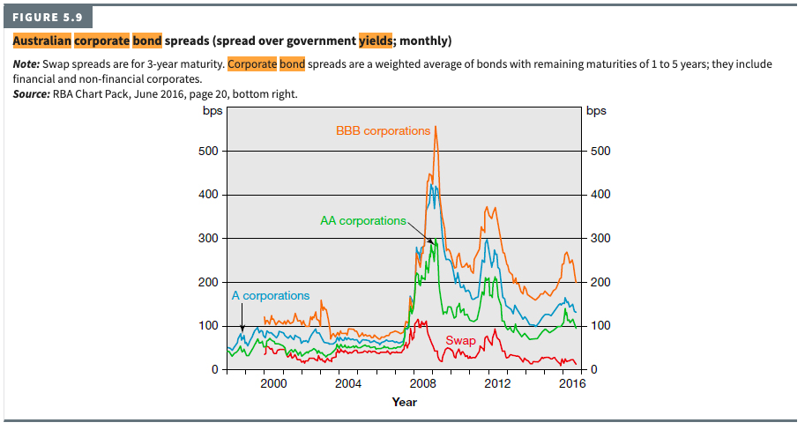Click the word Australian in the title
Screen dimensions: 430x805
(41, 41)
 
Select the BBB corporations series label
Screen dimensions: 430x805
(383, 130)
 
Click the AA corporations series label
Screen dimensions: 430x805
(362, 220)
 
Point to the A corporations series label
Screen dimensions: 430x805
(271, 295)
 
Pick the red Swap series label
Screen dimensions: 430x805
(460, 340)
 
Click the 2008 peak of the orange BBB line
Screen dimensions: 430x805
(436, 127)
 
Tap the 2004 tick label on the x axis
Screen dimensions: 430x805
(348, 384)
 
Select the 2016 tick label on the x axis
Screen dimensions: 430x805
(572, 384)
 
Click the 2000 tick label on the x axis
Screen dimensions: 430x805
(273, 384)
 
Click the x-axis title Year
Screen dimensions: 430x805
(405, 402)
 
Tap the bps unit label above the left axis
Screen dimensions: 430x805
(212, 111)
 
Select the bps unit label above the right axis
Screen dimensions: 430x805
(596, 111)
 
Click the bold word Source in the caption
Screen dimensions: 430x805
(34, 93)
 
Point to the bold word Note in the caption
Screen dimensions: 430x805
(28, 64)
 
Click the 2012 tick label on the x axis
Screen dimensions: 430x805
(497, 384)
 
